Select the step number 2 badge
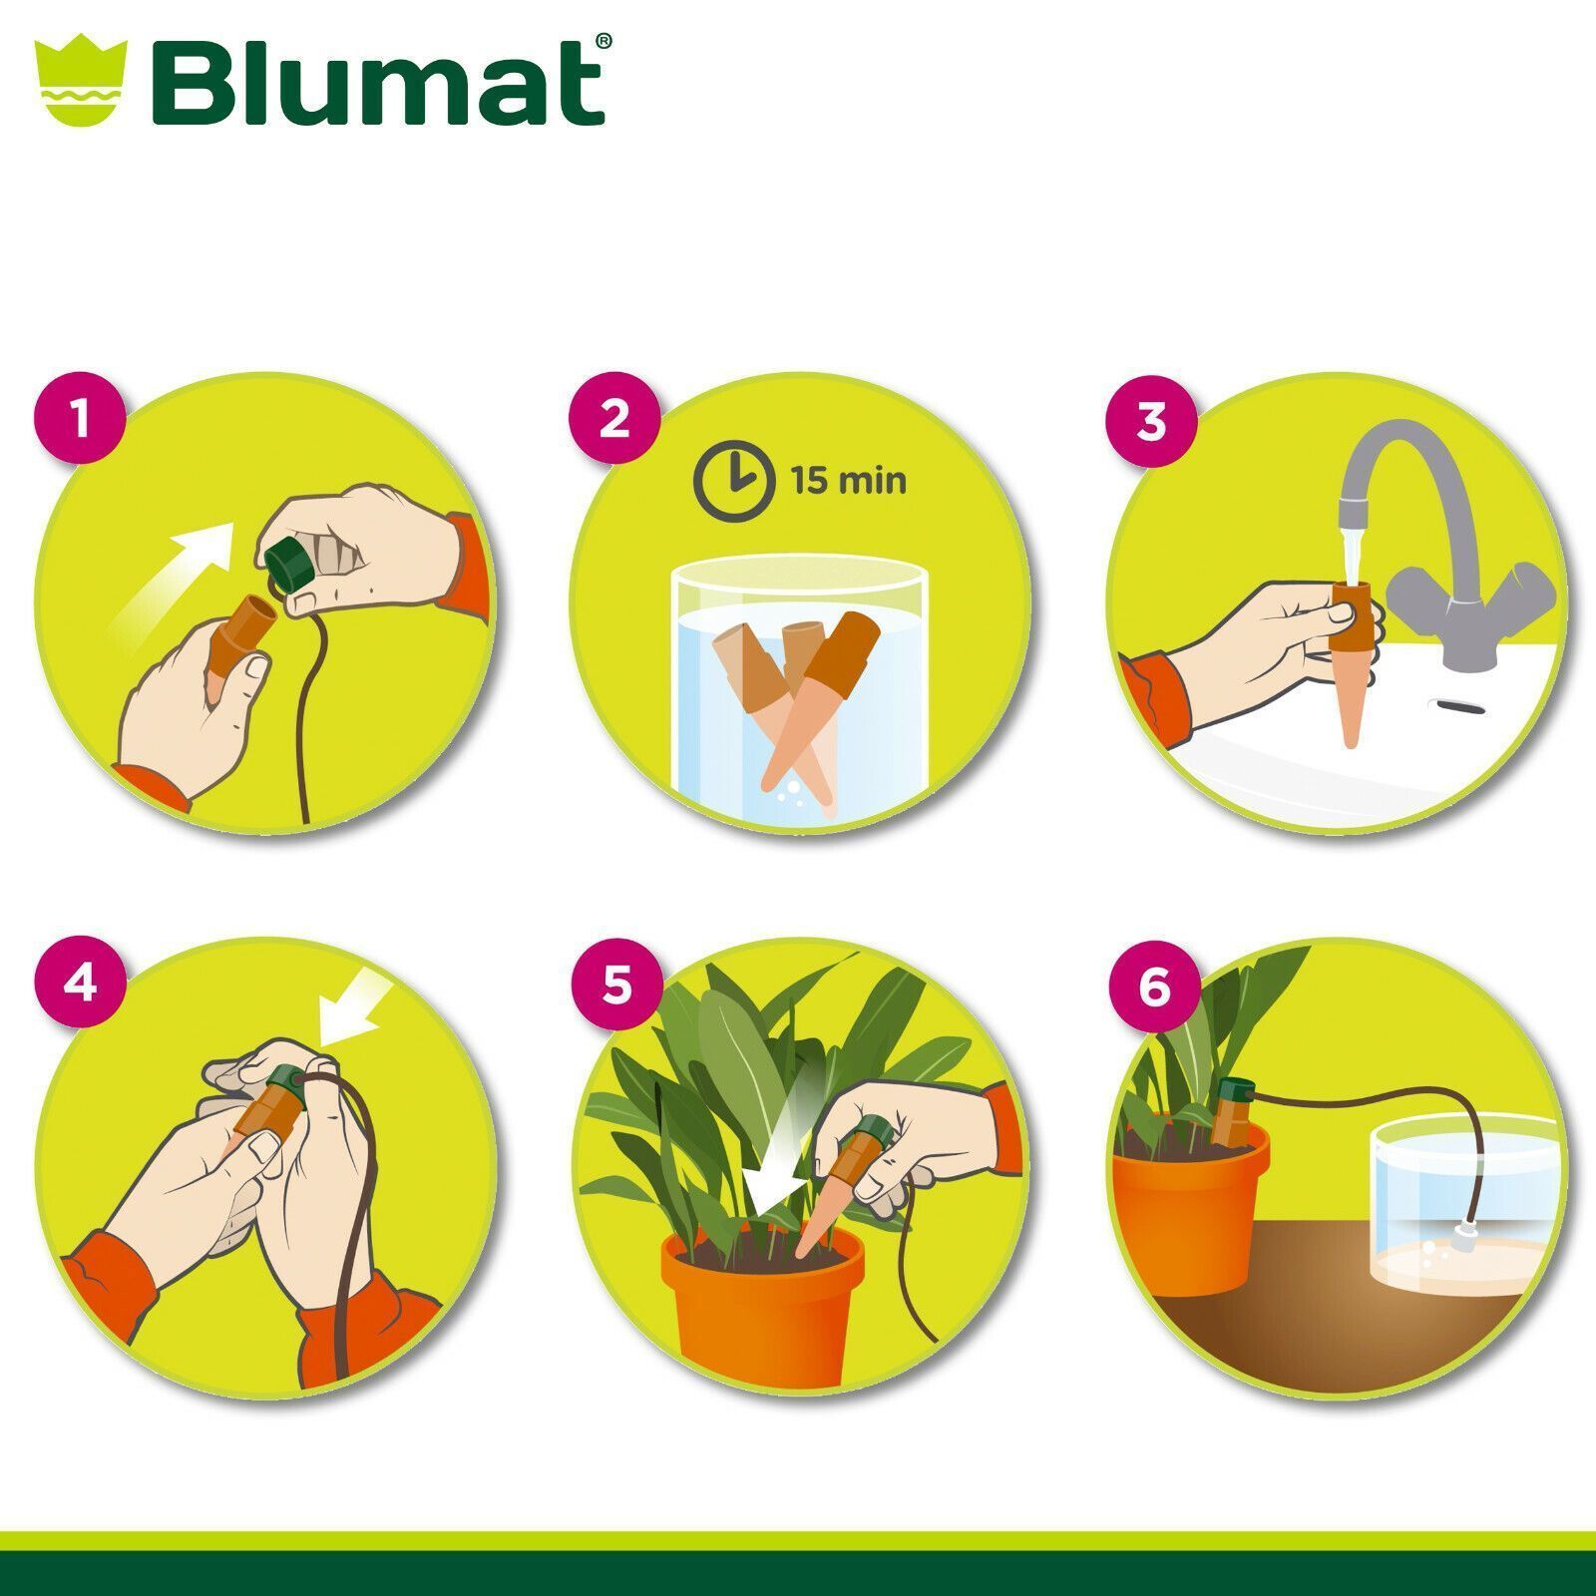(614, 417)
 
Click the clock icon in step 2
(734, 480)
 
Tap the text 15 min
(849, 481)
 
